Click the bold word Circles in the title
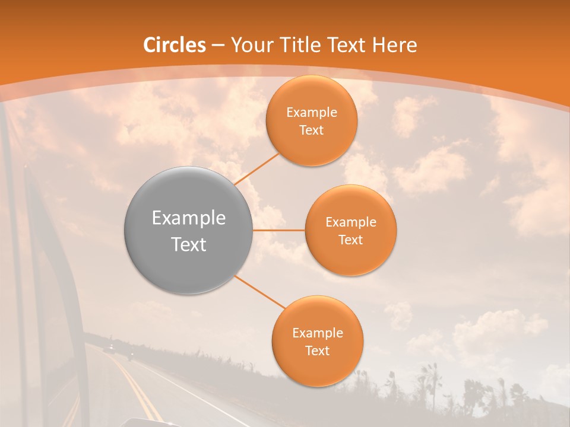(x=175, y=45)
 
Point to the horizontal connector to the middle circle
(x=278, y=230)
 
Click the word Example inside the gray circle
(x=188, y=218)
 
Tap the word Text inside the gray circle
(x=188, y=244)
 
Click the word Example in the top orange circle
(x=311, y=112)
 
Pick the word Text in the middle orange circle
(x=350, y=240)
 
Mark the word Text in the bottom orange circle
(x=317, y=351)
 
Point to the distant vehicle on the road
(x=110, y=348)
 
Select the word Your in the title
(x=249, y=45)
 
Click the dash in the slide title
(x=217, y=46)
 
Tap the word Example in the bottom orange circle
(x=317, y=333)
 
